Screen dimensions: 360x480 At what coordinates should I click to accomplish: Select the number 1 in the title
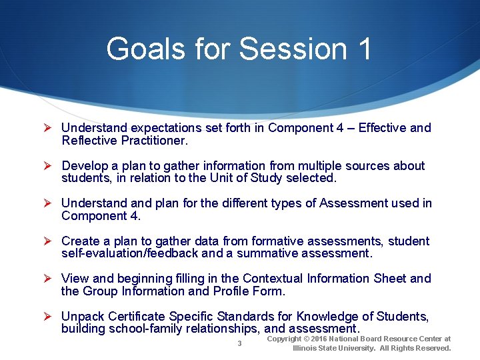(363, 49)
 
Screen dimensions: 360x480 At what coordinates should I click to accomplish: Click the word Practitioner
(155, 141)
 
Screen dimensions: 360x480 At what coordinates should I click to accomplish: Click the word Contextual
(273, 278)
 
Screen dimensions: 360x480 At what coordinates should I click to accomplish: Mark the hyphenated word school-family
(155, 329)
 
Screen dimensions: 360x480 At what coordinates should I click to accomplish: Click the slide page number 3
(239, 343)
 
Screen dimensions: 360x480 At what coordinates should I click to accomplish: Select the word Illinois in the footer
(306, 348)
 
